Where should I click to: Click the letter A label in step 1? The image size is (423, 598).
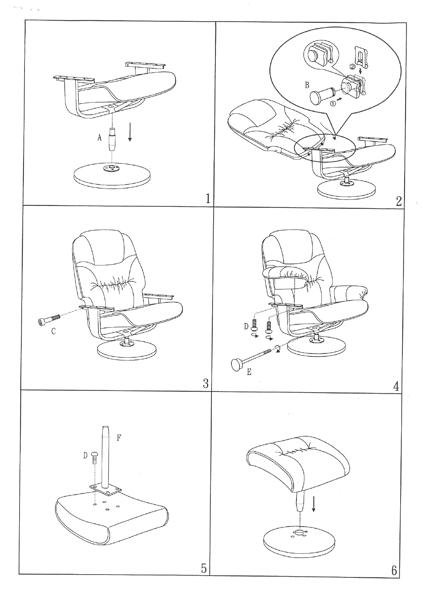click(x=99, y=138)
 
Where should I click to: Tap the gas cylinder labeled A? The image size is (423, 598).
click(x=112, y=139)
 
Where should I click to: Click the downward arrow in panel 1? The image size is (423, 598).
click(x=130, y=132)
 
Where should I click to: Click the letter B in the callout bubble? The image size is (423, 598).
click(x=307, y=85)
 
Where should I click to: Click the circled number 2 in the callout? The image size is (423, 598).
click(x=353, y=66)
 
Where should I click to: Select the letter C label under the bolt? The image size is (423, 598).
click(x=53, y=331)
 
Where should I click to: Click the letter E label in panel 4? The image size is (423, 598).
click(x=249, y=372)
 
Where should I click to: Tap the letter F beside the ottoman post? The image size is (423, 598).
click(x=119, y=437)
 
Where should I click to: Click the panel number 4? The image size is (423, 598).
click(x=397, y=386)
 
